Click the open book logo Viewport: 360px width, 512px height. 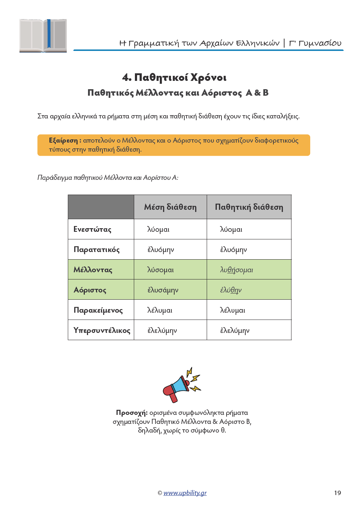pos(43,35)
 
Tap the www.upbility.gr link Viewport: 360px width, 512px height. pos(185,493)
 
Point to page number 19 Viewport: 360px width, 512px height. pos(337,493)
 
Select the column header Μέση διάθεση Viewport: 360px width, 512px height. pos(170,207)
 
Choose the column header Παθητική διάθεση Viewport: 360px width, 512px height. pos(249,207)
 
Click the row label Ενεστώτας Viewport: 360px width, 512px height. pos(92,229)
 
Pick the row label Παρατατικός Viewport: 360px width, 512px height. pos(96,250)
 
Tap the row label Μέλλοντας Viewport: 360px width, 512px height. pos(93,270)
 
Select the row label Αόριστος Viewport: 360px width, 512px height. pos(90,290)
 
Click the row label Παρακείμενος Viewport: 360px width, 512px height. pos(98,310)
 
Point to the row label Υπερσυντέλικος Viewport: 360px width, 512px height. pos(102,330)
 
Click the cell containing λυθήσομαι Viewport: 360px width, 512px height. pos(237,270)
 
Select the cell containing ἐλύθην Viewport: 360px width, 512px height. pos(231,290)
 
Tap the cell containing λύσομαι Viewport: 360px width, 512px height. pos(161,270)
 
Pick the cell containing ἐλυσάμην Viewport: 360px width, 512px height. pos(163,290)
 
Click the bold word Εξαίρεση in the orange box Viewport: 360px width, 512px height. pos(63,140)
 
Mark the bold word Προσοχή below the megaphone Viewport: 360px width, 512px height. pos(132,413)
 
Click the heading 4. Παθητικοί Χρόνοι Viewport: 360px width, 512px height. pos(174,77)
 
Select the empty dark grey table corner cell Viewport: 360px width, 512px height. pos(101,207)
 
